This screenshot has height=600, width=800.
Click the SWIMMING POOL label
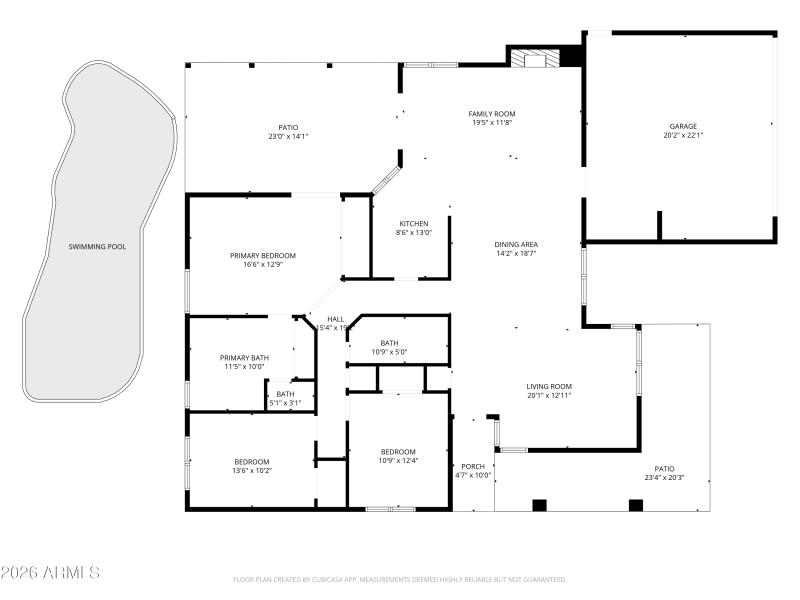97,246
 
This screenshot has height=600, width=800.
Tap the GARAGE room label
683,126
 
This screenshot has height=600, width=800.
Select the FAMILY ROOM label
491,113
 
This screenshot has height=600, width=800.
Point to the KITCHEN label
414,223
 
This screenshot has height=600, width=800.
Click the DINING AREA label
516,245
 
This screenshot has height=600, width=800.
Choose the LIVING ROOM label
549,386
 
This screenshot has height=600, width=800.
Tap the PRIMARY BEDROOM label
263,255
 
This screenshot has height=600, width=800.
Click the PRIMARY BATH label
245,357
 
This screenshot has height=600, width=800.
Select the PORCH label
473,466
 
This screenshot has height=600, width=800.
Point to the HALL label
335,319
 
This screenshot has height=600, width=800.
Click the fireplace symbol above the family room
536,58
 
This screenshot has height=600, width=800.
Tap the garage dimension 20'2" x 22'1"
683,136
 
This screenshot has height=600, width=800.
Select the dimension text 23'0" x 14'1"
288,136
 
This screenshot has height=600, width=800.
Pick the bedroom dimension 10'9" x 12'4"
398,461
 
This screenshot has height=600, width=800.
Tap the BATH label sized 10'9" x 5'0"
389,343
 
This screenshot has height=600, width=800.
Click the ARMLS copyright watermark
50,573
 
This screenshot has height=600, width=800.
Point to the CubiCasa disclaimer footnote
400,579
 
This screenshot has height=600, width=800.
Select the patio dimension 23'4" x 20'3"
665,478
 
